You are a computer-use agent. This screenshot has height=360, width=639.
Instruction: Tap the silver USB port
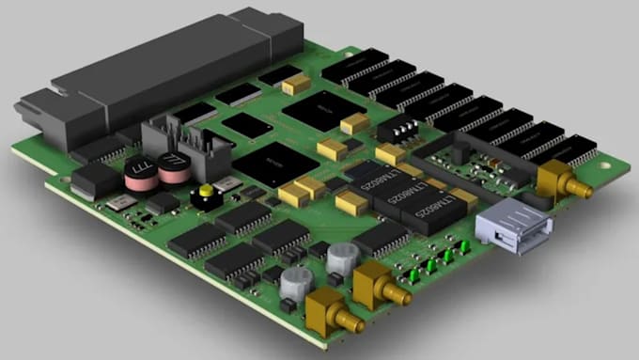click(x=510, y=229)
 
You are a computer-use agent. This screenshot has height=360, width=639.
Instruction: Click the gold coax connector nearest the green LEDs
click(x=378, y=281)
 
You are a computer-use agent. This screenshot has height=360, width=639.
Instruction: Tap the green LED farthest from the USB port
click(x=413, y=274)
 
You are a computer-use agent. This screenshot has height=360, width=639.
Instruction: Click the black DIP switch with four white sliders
click(x=404, y=128)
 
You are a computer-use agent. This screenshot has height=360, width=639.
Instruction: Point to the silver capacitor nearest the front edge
click(x=300, y=282)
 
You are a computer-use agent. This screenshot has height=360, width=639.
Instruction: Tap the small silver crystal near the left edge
click(x=117, y=204)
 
